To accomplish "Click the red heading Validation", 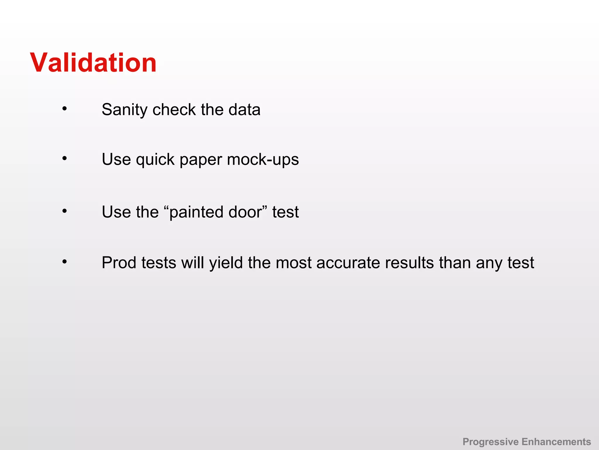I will [x=93, y=63].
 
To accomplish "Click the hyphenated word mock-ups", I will [x=263, y=160].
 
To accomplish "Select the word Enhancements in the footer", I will [x=556, y=442].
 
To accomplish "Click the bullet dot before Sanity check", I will [x=65, y=109].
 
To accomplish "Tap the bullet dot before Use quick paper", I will [x=65, y=159].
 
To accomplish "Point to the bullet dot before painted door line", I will [x=65, y=211].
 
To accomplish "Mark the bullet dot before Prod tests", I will [x=65, y=262].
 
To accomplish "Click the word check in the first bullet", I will [x=174, y=110].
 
